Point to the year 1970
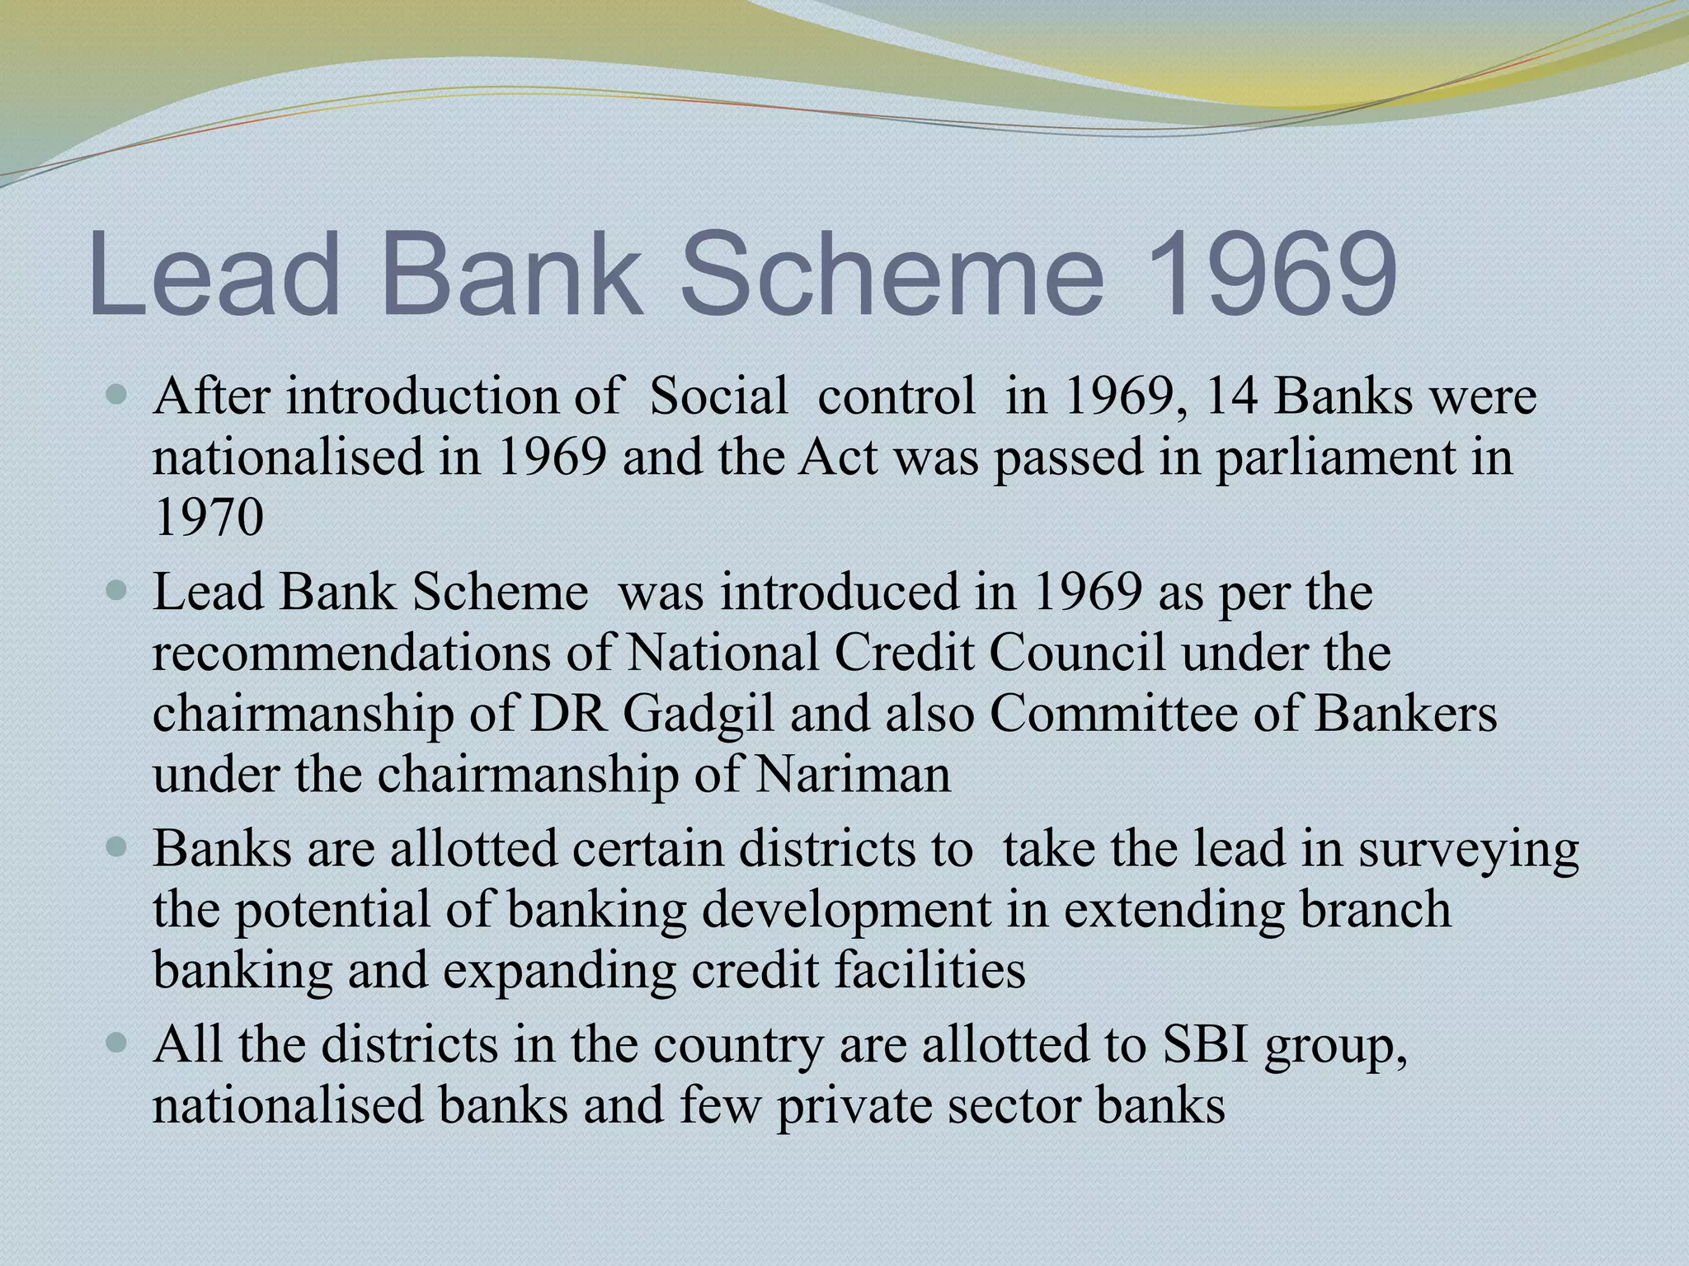(x=209, y=518)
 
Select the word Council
(x=1077, y=653)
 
